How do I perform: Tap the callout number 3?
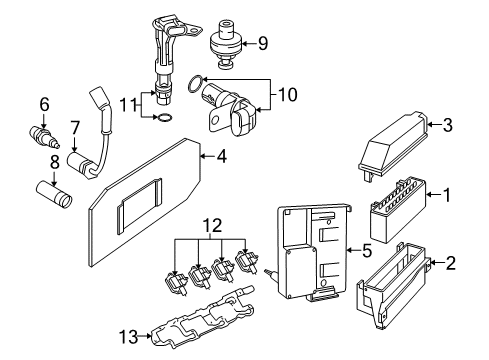pos(447,125)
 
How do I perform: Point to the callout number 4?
pos(219,155)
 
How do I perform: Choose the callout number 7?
pos(74,126)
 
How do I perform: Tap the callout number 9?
pos(262,43)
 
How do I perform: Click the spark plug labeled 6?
pos(40,133)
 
